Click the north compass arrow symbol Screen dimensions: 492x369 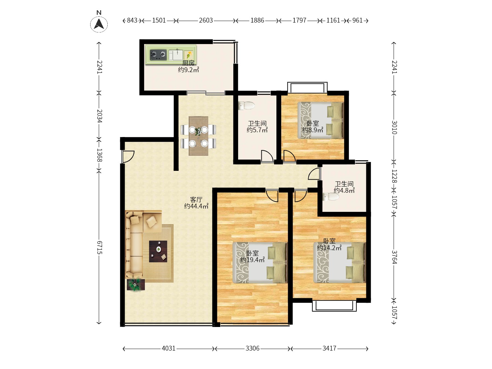(x=99, y=24)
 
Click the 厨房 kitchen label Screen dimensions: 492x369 (x=188, y=63)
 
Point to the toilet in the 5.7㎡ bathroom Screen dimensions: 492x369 (x=246, y=106)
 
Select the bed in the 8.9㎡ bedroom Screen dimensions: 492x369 (x=320, y=120)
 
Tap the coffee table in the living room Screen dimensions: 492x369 (x=158, y=251)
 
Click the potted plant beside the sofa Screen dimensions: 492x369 (x=135, y=285)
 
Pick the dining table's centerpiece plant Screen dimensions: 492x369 (x=198, y=131)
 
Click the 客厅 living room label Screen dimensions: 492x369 (x=196, y=199)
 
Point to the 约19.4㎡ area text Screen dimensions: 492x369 (x=252, y=260)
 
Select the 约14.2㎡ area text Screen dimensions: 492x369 (x=329, y=248)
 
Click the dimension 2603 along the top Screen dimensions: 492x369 (x=206, y=20)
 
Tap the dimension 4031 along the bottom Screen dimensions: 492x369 (x=168, y=348)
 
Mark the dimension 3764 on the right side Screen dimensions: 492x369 (x=394, y=257)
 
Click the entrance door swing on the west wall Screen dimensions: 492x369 (x=128, y=156)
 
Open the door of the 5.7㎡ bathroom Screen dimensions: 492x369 (x=267, y=156)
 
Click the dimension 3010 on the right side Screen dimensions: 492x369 (x=394, y=127)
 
